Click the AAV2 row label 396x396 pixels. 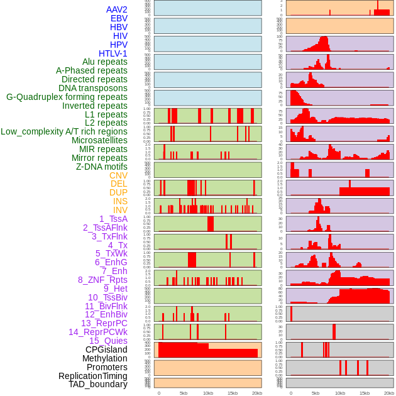coord(116,9)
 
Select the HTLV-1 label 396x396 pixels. coord(113,53)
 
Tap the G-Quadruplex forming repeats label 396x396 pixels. coord(67,97)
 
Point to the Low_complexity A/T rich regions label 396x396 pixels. coord(64,131)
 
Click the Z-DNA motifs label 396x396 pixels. coord(101,167)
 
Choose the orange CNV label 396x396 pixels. coord(118,175)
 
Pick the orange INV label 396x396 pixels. coord(120,210)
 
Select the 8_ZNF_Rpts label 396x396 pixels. coord(102,280)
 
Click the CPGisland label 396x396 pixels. coord(106,349)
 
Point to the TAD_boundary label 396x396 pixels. coord(98,384)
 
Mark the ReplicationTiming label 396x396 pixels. coord(92,376)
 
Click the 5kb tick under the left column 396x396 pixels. coord(184,393)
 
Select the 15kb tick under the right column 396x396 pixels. coord(365,393)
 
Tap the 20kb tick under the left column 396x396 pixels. coord(256,393)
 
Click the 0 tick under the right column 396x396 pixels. coord(290,393)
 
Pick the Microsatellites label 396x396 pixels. coord(99,140)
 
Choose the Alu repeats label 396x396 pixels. coord(105,62)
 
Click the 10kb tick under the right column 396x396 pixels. coord(340,393)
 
